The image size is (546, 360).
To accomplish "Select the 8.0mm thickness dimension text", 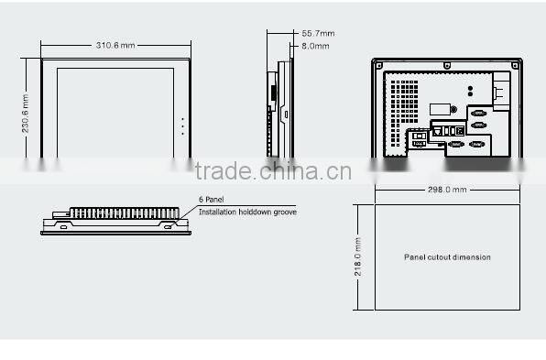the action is [314, 45].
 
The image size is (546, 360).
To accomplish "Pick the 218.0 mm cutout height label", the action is [359, 258].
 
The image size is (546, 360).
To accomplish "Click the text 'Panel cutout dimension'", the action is [447, 257].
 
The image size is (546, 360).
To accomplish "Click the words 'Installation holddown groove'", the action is [247, 212].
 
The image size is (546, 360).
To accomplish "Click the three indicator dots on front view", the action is [183, 126].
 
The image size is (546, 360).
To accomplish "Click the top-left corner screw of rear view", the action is [377, 64].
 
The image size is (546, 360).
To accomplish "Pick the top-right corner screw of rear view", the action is [517, 64].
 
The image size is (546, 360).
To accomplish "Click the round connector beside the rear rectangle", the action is [453, 110].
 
